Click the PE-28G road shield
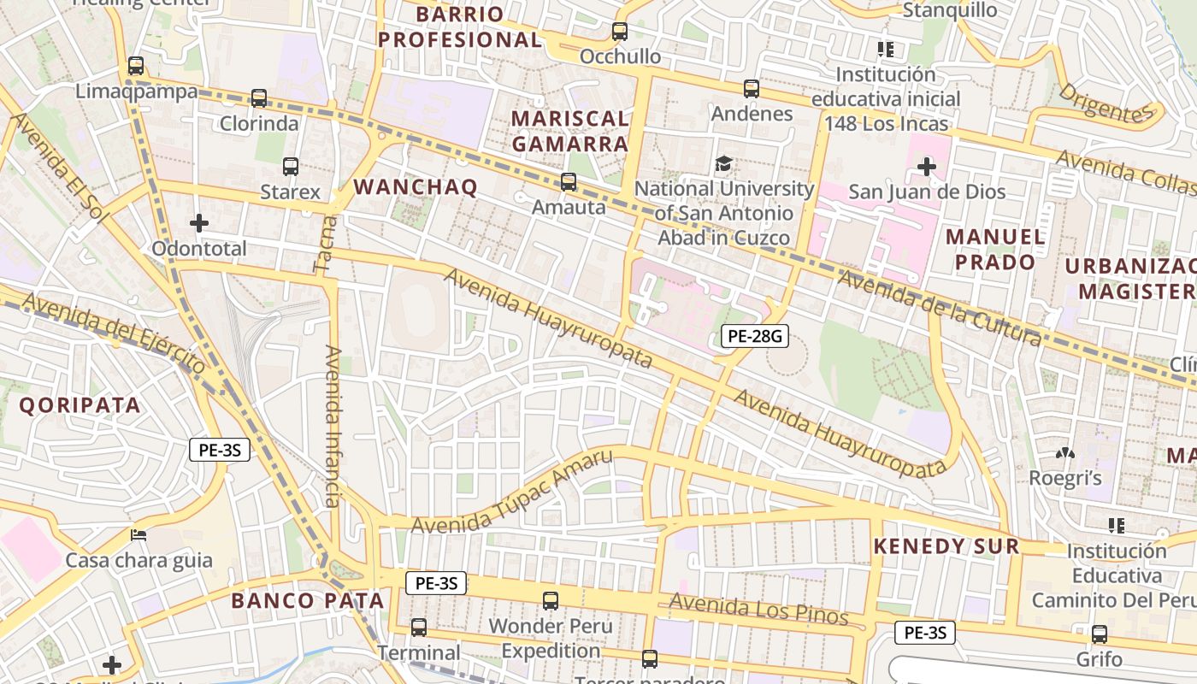click(x=753, y=336)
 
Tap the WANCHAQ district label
click(x=416, y=187)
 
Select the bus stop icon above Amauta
click(x=569, y=181)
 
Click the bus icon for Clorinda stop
click(x=259, y=98)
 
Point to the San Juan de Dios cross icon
click(x=927, y=166)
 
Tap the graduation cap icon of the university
click(x=724, y=163)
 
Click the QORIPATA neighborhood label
click(x=80, y=405)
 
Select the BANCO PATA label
click(x=308, y=600)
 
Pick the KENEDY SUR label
click(x=946, y=546)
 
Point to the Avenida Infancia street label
click(x=333, y=425)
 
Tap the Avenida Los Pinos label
click(x=758, y=610)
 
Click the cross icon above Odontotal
click(x=199, y=223)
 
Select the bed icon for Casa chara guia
click(x=139, y=535)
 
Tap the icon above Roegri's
click(x=1065, y=453)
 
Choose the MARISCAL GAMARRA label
click(x=570, y=131)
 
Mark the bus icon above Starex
click(x=291, y=166)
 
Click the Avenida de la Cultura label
click(x=940, y=308)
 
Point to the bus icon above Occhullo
click(x=620, y=32)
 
